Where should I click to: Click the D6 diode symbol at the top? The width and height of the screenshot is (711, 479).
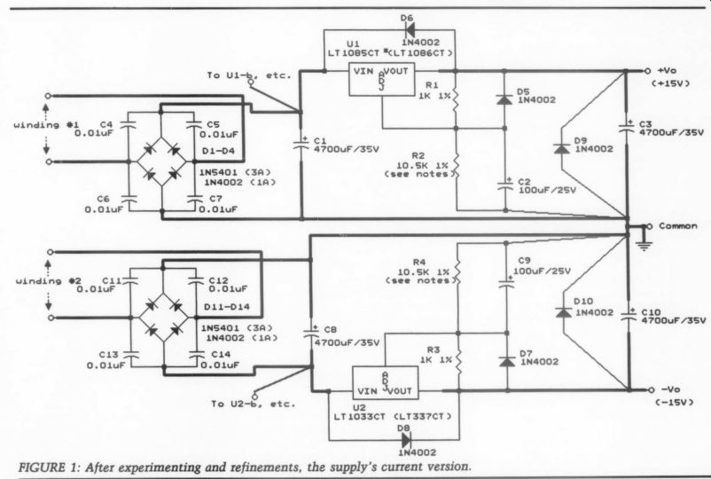[410, 30]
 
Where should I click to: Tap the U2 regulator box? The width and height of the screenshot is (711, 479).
[386, 383]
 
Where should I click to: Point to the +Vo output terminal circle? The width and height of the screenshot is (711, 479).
[647, 71]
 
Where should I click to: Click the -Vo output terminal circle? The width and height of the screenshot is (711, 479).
[651, 389]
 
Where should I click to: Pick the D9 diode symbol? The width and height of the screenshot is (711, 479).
[562, 148]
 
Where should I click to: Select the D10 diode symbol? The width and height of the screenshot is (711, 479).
[564, 312]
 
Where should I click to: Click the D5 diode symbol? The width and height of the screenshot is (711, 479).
[504, 99]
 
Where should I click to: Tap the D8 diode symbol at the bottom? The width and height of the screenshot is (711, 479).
[406, 440]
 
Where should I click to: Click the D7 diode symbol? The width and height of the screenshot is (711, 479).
[506, 362]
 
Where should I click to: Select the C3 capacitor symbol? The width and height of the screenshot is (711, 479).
[627, 126]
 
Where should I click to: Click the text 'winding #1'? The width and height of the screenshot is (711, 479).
[43, 125]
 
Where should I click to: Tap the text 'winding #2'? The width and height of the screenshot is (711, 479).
[45, 281]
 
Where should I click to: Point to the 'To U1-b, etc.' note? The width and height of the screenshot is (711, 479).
[249, 75]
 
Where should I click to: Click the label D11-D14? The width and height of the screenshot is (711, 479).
[227, 307]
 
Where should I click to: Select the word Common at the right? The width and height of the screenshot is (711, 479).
[678, 226]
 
